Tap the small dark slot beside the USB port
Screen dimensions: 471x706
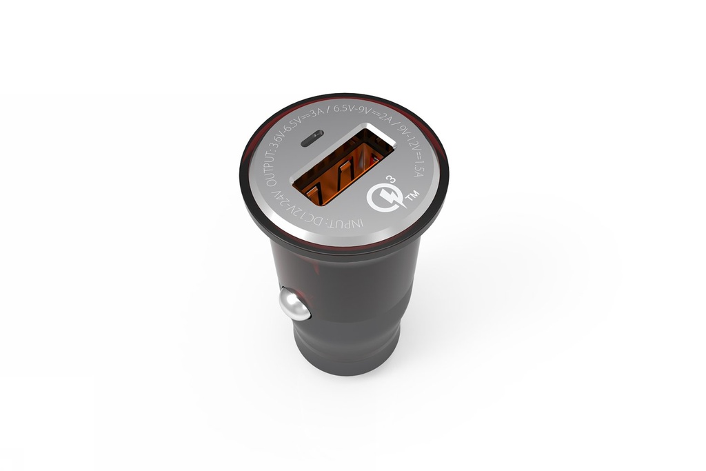(x=310, y=143)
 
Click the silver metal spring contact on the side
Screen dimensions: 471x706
(x=294, y=305)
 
